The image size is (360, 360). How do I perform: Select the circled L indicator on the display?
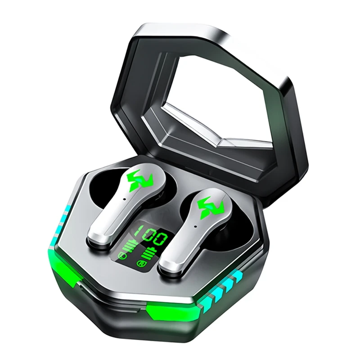coord(122,257)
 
